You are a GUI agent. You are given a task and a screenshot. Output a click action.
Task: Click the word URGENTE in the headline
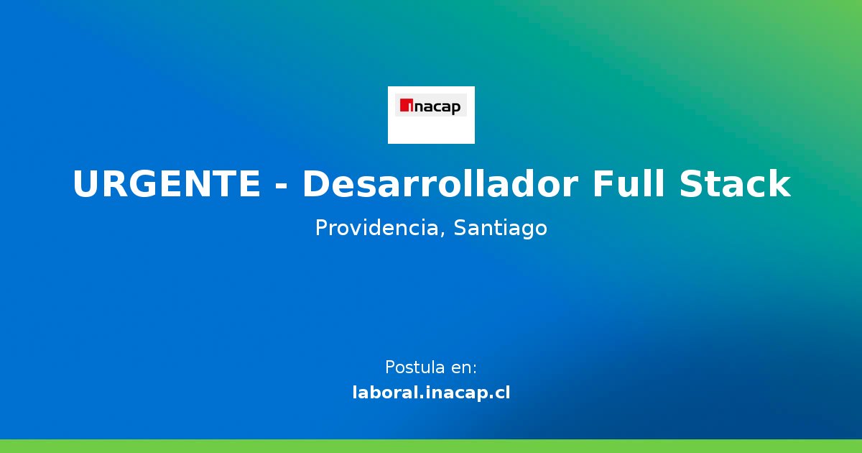pyautogui.click(x=167, y=185)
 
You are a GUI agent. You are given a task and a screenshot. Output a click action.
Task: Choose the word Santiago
pyautogui.click(x=501, y=229)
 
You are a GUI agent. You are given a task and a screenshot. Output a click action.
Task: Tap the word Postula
pyautogui.click(x=414, y=367)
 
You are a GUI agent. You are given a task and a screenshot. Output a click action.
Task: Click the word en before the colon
pyautogui.click(x=460, y=368)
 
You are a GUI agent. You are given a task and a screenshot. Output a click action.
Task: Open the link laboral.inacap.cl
pyautogui.click(x=431, y=393)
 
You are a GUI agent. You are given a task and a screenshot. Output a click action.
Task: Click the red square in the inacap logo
pyautogui.click(x=404, y=106)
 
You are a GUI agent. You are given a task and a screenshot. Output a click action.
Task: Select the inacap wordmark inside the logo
pyautogui.click(x=435, y=108)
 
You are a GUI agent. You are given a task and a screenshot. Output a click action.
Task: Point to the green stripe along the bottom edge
pyautogui.click(x=431, y=446)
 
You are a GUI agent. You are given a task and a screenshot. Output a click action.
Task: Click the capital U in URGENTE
pyautogui.click(x=85, y=185)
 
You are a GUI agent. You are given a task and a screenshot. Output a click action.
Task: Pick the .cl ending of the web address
pyautogui.click(x=498, y=393)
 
